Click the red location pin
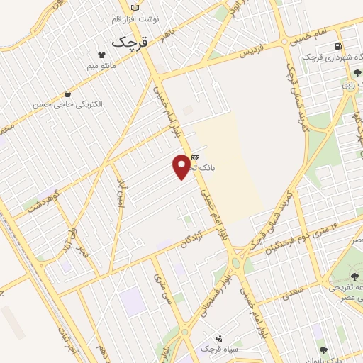[x=182, y=166]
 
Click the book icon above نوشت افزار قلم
[x=135, y=6]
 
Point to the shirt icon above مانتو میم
[x=101, y=55]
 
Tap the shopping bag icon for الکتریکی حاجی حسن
[x=67, y=94]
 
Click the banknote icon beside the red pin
[x=196, y=157]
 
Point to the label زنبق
[x=351, y=84]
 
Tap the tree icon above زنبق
[x=357, y=71]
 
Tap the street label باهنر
[x=167, y=33]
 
